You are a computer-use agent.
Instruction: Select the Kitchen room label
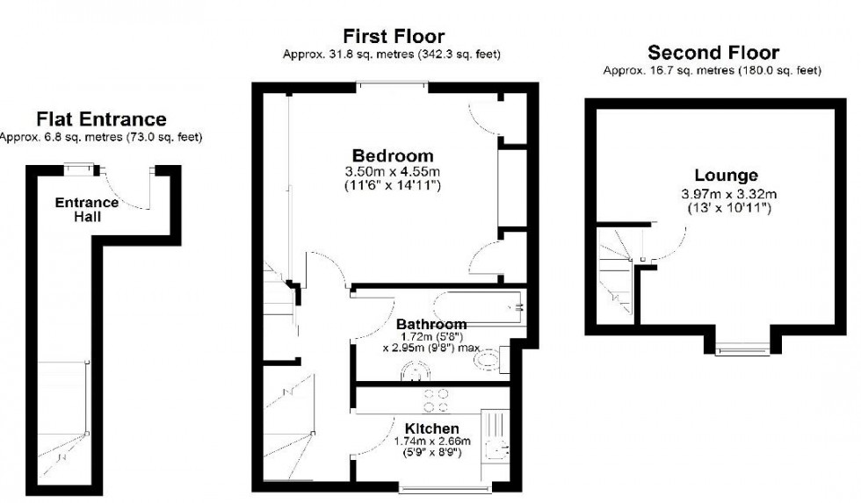[x=429, y=428]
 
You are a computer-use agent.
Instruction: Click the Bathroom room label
[x=430, y=324]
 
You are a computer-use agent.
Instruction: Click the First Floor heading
[x=393, y=37]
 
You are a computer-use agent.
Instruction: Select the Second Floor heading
[x=713, y=53]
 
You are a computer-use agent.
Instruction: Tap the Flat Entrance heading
[x=100, y=119]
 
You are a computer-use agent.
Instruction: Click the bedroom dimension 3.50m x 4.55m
[x=394, y=171]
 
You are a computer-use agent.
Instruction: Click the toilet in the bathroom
[x=507, y=361]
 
